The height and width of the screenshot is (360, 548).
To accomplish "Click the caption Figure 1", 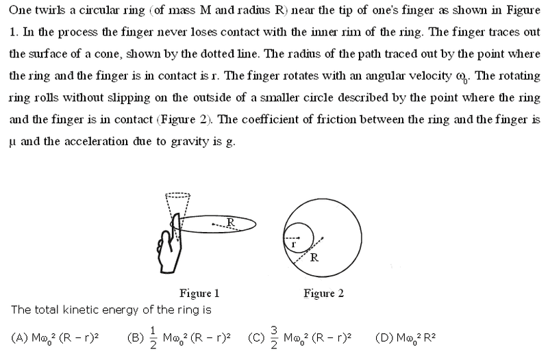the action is pyautogui.click(x=199, y=294).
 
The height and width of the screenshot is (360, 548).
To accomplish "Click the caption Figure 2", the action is pyautogui.click(x=323, y=294).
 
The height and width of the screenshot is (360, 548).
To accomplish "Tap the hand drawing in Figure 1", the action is pyautogui.click(x=170, y=244).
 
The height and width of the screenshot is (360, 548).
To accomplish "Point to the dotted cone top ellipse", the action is pyautogui.click(x=178, y=195).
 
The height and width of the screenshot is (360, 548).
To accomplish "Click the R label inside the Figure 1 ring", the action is pyautogui.click(x=231, y=222).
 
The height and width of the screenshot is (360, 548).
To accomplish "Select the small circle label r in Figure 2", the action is pyautogui.click(x=293, y=244).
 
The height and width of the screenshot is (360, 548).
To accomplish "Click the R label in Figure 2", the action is pyautogui.click(x=314, y=258).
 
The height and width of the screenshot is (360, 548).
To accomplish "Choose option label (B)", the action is pyautogui.click(x=136, y=337).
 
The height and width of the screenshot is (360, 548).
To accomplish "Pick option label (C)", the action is pyautogui.click(x=256, y=337).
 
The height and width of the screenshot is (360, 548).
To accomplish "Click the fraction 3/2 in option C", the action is pyautogui.click(x=274, y=337).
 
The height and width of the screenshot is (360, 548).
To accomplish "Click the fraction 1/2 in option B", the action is pyautogui.click(x=153, y=337).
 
